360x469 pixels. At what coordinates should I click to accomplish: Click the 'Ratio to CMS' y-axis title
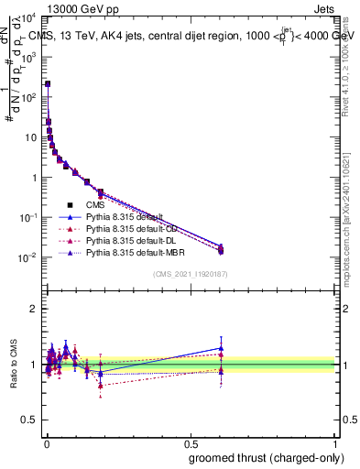(x=12, y=365)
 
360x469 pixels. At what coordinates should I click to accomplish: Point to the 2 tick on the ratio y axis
(x=34, y=309)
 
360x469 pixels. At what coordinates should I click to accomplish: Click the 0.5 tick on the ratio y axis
(x=30, y=422)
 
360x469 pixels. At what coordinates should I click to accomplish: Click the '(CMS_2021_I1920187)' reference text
(x=191, y=273)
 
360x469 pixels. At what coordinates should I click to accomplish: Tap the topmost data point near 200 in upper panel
(x=48, y=83)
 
